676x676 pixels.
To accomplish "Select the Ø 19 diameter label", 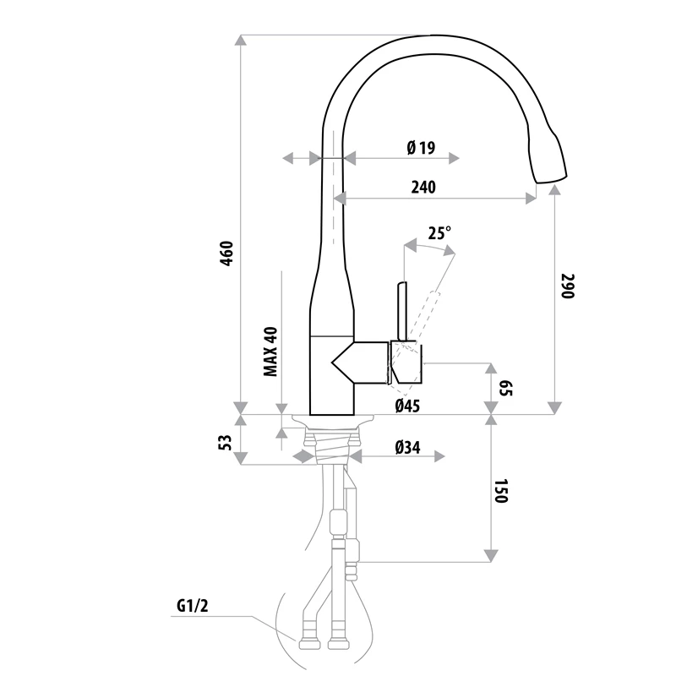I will pyautogui.click(x=420, y=149).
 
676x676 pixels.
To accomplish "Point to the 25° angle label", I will pyautogui.click(x=439, y=233).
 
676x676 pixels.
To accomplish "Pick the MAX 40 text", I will pyautogui.click(x=270, y=351).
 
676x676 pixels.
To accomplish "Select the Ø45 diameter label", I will pyautogui.click(x=407, y=406).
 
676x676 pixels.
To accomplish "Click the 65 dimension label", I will pyautogui.click(x=506, y=389).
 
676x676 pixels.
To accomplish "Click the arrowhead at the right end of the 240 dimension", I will pyautogui.click(x=532, y=199).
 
